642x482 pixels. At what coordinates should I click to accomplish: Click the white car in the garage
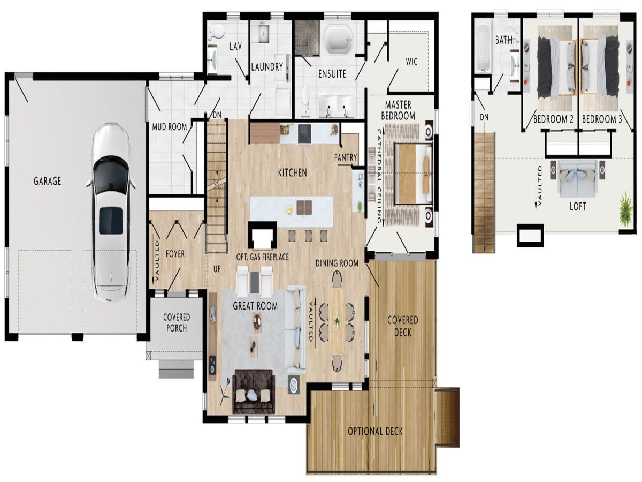111,212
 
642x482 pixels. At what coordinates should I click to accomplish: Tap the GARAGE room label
48,181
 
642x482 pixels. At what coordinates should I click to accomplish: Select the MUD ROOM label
170,127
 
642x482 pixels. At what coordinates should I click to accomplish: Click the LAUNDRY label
267,67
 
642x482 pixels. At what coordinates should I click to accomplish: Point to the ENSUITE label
332,74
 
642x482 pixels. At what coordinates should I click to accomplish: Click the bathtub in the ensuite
338,40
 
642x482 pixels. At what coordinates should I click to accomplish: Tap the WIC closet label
411,62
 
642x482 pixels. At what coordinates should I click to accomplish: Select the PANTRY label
346,157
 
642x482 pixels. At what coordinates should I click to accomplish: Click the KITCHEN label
292,172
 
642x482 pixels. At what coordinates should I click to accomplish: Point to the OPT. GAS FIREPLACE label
262,257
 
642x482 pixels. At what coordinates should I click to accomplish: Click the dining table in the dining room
337,322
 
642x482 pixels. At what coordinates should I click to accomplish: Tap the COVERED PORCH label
176,322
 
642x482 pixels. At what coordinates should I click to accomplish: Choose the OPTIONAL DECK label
375,431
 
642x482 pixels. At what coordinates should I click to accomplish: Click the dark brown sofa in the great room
254,391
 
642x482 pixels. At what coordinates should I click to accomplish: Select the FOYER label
175,254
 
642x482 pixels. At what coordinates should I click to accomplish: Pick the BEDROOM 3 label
601,119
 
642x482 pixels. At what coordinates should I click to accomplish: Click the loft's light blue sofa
578,178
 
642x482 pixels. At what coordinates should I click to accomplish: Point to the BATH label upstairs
503,40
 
